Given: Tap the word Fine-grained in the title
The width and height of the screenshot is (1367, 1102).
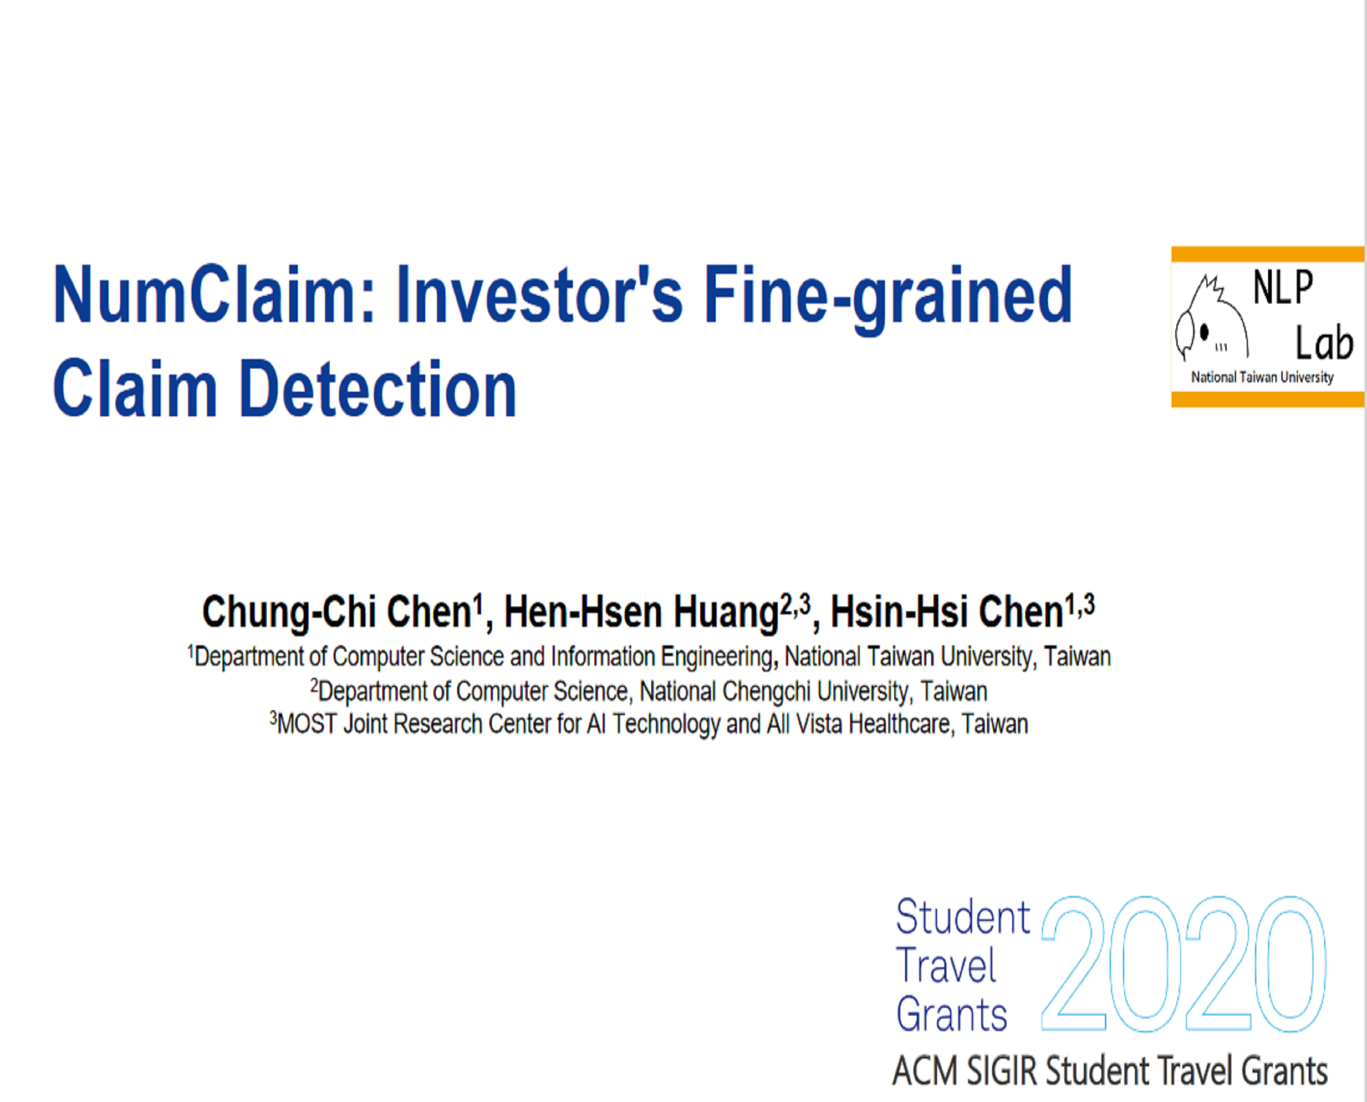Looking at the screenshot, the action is click(x=888, y=298).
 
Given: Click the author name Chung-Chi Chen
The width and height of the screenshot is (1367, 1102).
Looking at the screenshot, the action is click(x=337, y=613).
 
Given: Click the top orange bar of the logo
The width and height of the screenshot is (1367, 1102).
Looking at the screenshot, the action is click(x=1268, y=254).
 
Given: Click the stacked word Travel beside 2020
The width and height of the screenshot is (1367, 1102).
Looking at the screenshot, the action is click(x=946, y=966).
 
